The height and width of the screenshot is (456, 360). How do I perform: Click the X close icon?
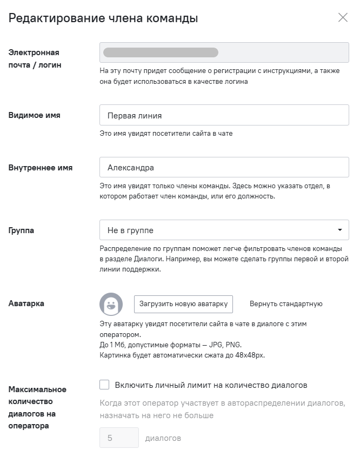343,18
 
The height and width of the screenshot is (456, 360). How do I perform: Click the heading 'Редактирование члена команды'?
103,18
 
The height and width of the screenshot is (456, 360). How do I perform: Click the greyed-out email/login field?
224,52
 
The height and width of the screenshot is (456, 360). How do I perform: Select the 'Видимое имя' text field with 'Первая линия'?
224,115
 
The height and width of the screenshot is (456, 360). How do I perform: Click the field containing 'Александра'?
224,168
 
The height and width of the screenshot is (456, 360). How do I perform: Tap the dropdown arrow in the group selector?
339,230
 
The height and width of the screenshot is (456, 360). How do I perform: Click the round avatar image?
111,304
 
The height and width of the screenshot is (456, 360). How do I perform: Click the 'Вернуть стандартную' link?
286,304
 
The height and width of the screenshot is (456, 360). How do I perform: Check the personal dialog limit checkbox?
105,385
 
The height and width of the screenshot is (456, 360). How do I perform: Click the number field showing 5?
119,438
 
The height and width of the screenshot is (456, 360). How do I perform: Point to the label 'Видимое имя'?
35,115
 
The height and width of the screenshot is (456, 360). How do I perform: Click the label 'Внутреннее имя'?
41,168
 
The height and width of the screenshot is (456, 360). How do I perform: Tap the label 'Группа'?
21,230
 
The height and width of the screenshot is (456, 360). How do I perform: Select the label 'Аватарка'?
26,304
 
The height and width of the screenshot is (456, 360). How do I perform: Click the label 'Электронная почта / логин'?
34,59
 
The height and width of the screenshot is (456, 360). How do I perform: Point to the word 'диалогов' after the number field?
163,438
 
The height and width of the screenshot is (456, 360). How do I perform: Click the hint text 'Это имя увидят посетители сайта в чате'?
166,133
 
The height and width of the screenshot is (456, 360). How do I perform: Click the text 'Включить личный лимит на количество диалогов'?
211,385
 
